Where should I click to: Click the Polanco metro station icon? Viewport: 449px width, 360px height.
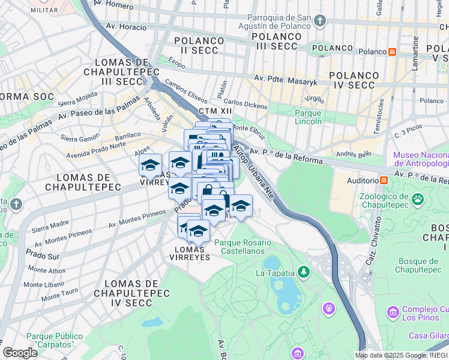(392, 52)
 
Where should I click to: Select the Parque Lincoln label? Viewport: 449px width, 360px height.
(308, 117)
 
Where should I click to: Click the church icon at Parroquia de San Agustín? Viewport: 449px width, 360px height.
(319, 21)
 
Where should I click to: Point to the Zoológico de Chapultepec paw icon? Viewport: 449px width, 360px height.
(417, 197)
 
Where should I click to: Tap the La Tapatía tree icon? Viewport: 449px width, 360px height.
(304, 272)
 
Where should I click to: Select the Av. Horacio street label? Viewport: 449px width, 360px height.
(126, 27)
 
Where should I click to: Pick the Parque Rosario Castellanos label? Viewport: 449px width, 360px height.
(243, 247)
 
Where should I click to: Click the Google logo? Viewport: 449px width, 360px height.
(20, 353)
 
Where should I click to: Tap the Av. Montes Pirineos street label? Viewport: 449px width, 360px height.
(137, 220)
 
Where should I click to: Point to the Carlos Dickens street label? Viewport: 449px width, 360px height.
(246, 104)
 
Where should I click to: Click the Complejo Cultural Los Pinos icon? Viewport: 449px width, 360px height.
(393, 312)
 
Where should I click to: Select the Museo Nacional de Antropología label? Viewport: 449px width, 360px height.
(421, 159)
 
